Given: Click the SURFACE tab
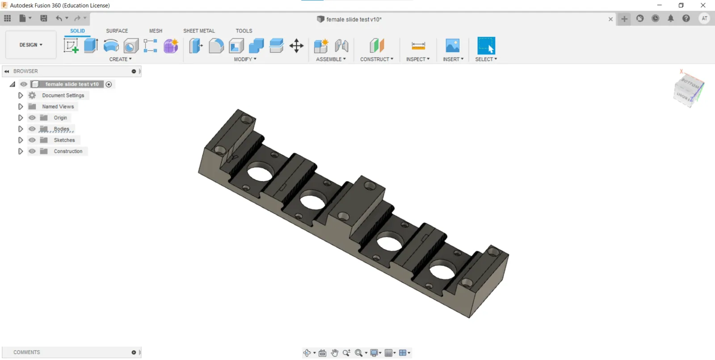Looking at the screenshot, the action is coord(117,31).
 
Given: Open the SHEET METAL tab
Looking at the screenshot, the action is coord(199,31).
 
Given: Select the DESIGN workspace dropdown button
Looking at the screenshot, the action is coord(31,45).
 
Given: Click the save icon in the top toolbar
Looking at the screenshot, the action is coord(44,18).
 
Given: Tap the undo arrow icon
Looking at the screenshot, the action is coord(59,18).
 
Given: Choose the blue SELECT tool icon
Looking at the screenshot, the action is coord(486,46).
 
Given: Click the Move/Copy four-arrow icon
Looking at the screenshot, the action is coord(297,46).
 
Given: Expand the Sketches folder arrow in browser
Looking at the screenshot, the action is coord(21,140).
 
